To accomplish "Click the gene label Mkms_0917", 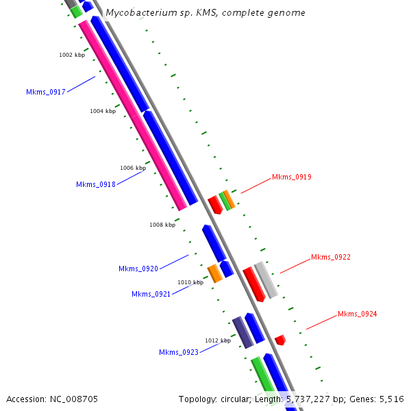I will point(46,92).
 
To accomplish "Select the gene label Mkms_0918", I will point(96,184).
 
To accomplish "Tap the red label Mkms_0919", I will point(292,177).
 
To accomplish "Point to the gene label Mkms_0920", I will point(138,269).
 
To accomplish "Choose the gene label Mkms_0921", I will point(151,294).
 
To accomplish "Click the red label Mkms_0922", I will point(331,257).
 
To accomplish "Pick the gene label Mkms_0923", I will point(179,352).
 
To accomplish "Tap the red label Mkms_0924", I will point(358,314).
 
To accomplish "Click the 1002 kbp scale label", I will point(71,55).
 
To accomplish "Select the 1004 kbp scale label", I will point(103,111).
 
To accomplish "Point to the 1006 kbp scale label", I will point(133,168).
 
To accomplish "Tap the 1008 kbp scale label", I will point(162,225).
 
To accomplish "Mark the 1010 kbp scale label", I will point(190,282).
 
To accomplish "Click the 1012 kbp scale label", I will point(218,340).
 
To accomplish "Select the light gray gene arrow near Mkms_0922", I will point(266,279).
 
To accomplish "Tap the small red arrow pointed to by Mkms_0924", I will point(279,340).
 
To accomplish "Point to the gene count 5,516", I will point(390,399).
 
